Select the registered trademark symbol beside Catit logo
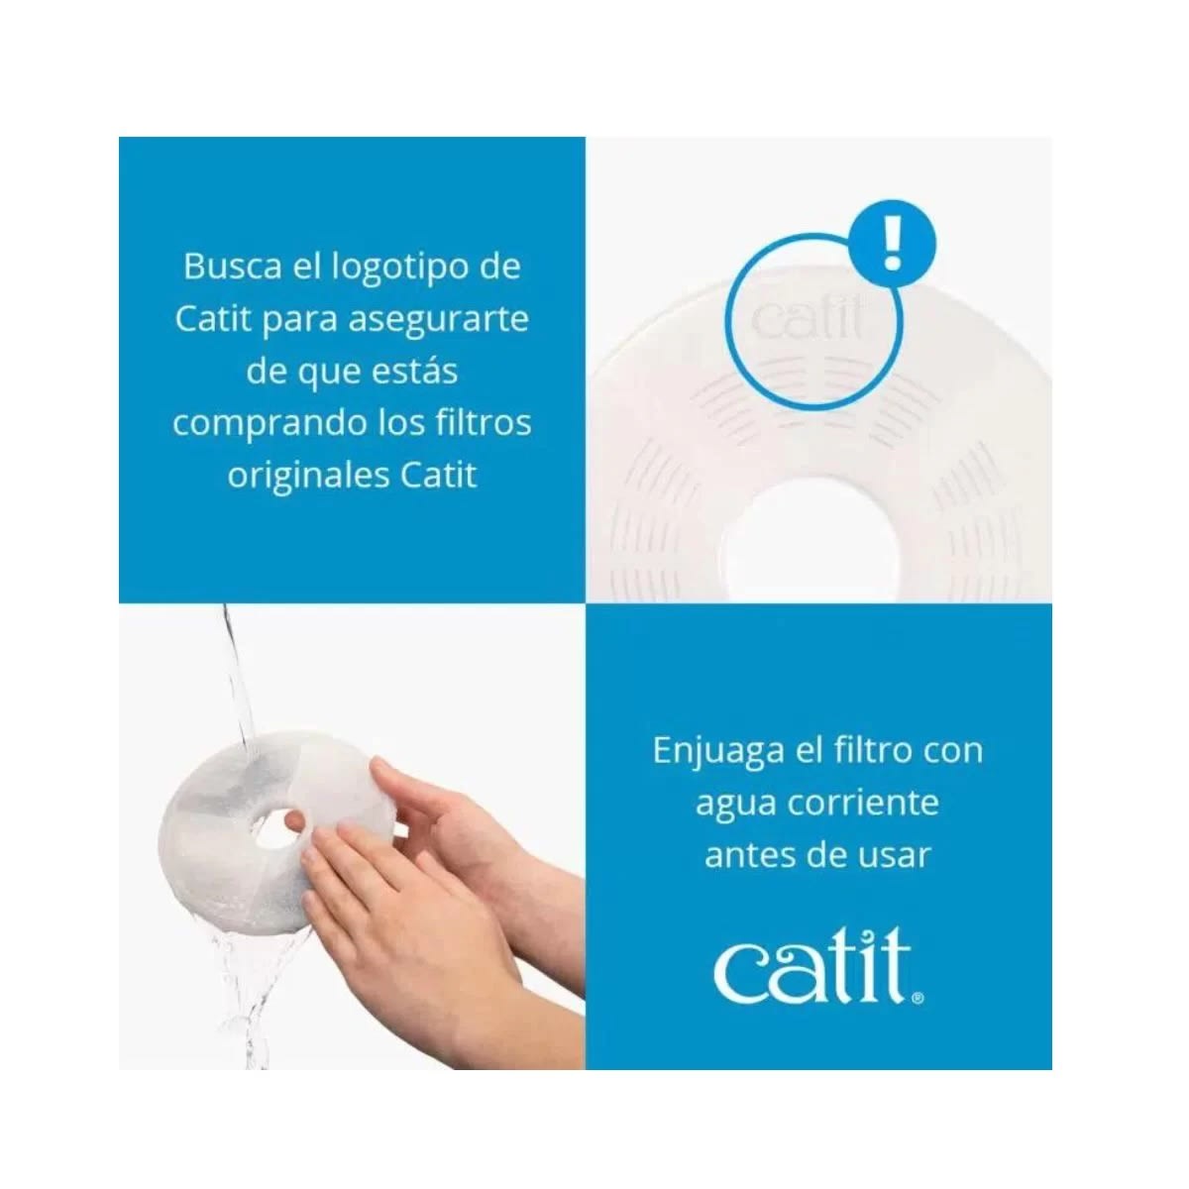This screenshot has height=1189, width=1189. point(919,999)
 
